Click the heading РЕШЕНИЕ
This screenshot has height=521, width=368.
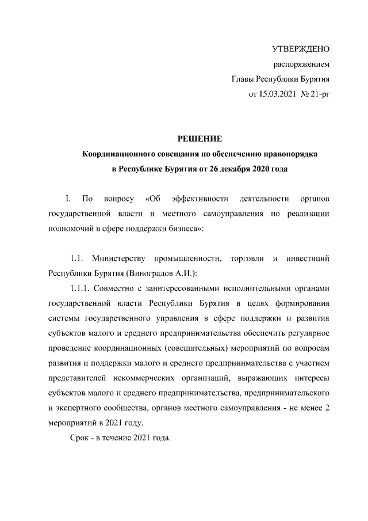[x=198, y=139]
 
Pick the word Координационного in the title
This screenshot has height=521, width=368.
[x=119, y=154]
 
